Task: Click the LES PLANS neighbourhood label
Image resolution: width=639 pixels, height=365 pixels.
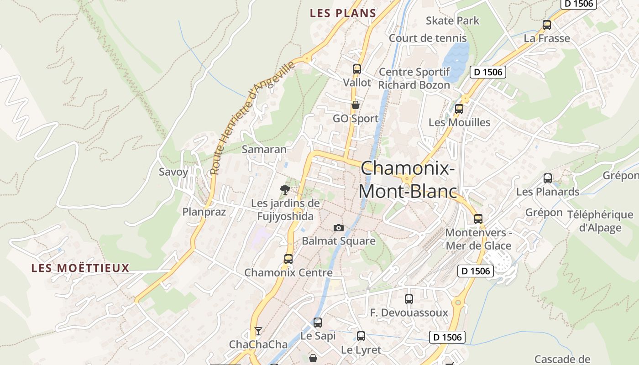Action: [343, 13]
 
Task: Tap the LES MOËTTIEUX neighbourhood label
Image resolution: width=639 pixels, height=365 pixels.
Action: [80, 268]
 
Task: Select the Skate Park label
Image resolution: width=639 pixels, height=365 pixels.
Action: [452, 21]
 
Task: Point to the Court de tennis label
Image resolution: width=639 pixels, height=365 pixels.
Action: [428, 38]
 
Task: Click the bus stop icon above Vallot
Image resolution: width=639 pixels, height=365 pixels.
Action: [357, 69]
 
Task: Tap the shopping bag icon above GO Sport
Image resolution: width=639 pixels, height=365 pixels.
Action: [355, 105]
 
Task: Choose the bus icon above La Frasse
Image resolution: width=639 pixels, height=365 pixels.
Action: [546, 25]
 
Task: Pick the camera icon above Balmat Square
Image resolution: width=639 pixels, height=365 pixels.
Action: [338, 228]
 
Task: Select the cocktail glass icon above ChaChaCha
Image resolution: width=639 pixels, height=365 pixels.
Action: [258, 331]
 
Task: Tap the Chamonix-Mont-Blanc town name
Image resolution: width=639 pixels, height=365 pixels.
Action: [408, 179]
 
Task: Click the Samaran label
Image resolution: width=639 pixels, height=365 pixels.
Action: [264, 149]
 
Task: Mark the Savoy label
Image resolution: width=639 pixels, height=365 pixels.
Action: [173, 172]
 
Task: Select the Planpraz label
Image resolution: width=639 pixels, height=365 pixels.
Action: [204, 212]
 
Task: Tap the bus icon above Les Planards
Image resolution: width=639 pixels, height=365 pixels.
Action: [548, 178]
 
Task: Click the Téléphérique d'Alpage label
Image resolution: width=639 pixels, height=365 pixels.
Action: [600, 221]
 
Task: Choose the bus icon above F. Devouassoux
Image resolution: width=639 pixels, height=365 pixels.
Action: [409, 299]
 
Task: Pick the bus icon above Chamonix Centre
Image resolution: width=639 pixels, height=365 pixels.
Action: [288, 259]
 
